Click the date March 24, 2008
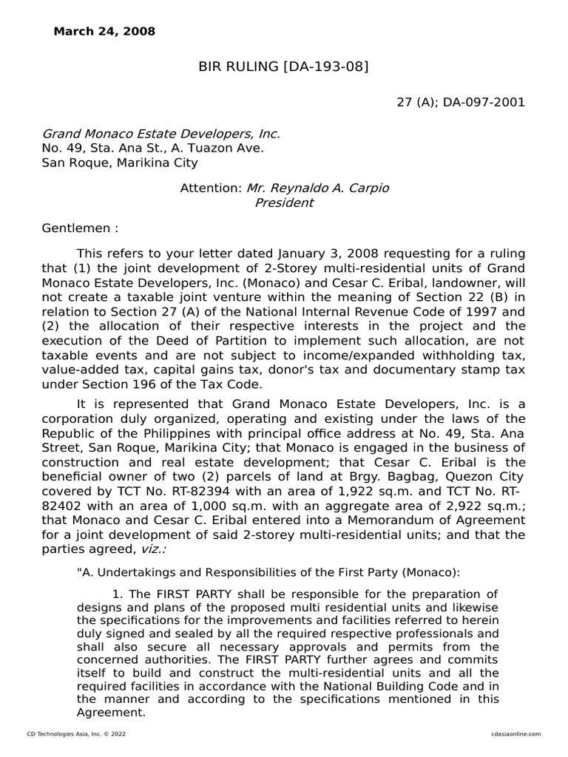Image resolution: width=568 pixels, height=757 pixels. pyautogui.click(x=104, y=31)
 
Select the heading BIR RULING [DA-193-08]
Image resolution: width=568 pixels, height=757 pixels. pyautogui.click(x=283, y=68)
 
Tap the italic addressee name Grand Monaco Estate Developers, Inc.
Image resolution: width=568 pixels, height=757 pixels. pyautogui.click(x=160, y=134)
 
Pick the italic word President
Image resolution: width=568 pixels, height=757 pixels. pyautogui.click(x=284, y=203)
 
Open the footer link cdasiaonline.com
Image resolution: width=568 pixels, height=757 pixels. pyautogui.click(x=515, y=733)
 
